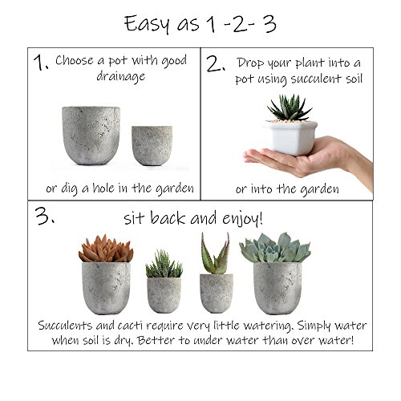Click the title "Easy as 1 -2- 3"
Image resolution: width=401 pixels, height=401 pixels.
coord(200,25)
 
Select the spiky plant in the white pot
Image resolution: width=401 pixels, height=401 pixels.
coord(290,107)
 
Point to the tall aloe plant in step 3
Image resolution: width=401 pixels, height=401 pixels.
coord(216,253)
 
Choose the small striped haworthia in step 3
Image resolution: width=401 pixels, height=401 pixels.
coord(164,264)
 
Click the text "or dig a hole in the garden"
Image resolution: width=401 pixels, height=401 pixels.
coord(120,188)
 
